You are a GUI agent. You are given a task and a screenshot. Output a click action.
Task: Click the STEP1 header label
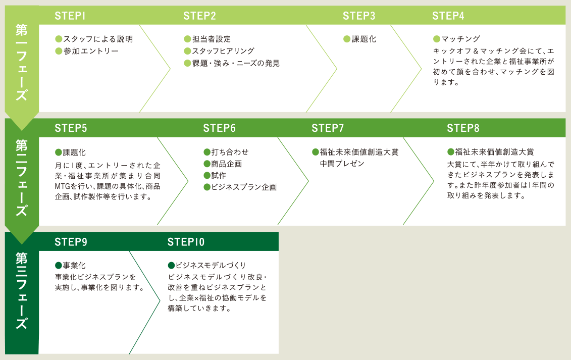tap(70, 16)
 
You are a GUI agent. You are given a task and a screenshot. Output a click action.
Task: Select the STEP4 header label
tap(448, 16)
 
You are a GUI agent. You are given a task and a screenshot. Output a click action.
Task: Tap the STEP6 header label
tap(219, 128)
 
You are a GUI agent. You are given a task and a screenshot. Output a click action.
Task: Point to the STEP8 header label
tap(463, 128)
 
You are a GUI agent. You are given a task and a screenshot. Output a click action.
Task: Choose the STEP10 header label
tap(186, 242)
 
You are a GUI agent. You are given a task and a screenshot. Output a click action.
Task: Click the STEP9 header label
tap(71, 242)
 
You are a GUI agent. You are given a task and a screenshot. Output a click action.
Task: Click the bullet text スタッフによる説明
tap(98, 39)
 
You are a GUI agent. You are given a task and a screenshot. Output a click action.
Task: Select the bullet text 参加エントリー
tap(91, 51)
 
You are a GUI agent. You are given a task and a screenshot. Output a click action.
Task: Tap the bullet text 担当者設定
tap(212, 39)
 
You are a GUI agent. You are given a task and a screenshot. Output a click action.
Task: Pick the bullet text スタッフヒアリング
tap(223, 51)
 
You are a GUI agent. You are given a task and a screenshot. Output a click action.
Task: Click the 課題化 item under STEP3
tap(364, 39)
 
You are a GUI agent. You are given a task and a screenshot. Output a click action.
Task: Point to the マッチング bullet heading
tap(460, 39)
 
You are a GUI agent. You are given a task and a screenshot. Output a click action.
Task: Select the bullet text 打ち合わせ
tap(230, 152)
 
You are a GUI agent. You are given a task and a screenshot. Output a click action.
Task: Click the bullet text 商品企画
tap(227, 164)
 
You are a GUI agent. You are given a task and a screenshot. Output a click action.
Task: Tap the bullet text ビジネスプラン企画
tap(244, 187)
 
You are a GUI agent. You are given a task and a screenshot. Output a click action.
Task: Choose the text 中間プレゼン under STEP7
tap(342, 164)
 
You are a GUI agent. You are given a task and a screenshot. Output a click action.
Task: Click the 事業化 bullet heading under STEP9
tap(74, 266)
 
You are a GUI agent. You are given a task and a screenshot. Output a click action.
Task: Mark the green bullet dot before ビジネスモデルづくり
tap(171, 266)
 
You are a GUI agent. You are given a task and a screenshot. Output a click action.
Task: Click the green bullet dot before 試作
tap(207, 176)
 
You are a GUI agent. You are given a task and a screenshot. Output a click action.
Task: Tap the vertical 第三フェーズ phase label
tap(22, 291)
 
